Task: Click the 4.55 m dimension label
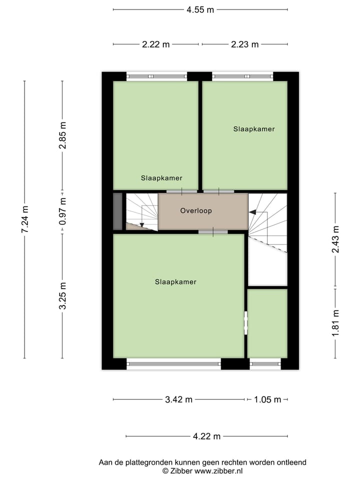200,9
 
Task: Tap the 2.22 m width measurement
155,44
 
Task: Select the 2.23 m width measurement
244,44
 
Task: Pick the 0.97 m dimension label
62,212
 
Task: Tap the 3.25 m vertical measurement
62,296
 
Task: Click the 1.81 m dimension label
335,323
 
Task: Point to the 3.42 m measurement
178,399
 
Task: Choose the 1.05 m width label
267,399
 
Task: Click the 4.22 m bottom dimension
206,436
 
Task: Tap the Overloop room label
196,211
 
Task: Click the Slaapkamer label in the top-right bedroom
254,129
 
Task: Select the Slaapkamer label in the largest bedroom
175,282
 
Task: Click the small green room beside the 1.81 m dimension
267,323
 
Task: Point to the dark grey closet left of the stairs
117,211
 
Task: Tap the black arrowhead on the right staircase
252,212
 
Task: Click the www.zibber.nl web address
218,470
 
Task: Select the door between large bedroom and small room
245,323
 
